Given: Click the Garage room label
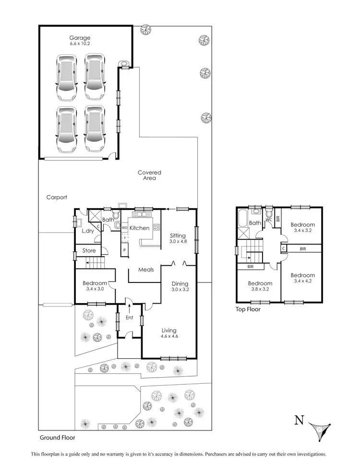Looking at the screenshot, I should (79, 37).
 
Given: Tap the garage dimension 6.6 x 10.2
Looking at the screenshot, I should (79, 44).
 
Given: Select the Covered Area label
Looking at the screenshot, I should (149, 175).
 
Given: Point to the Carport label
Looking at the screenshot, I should (57, 197).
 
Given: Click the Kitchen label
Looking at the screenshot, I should (140, 228).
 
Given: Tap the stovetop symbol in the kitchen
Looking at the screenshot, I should (156, 227).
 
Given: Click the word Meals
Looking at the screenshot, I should (146, 270).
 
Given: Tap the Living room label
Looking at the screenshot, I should (169, 331).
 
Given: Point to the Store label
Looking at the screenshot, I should (89, 251).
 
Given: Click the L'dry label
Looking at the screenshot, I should (88, 231).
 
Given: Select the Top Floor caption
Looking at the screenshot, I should (248, 309).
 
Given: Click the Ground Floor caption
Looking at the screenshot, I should (57, 438).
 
